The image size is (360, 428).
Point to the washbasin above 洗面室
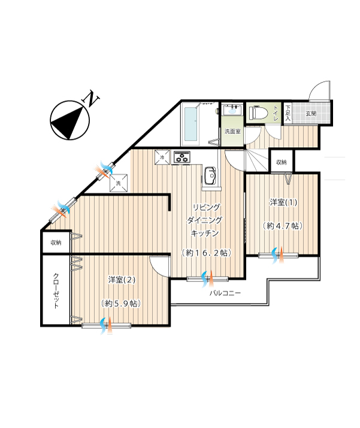click(x=232, y=110)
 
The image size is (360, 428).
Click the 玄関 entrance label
click(x=311, y=113)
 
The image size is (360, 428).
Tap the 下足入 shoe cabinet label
click(x=288, y=113)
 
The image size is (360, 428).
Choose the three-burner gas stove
click(x=181, y=158)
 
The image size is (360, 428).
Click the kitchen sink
click(x=210, y=176)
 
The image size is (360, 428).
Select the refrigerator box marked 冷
click(x=162, y=157)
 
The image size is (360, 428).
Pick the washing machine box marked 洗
click(x=119, y=183)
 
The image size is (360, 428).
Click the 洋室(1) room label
click(x=283, y=202)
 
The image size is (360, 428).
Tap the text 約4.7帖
click(x=283, y=226)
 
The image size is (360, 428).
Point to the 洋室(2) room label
click(x=122, y=280)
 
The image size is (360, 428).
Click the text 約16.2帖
click(x=207, y=253)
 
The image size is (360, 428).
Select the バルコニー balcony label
click(x=225, y=293)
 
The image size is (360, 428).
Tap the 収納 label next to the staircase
click(x=282, y=162)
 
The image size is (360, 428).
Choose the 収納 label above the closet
click(x=56, y=242)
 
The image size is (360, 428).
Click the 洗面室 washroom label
click(x=232, y=131)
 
